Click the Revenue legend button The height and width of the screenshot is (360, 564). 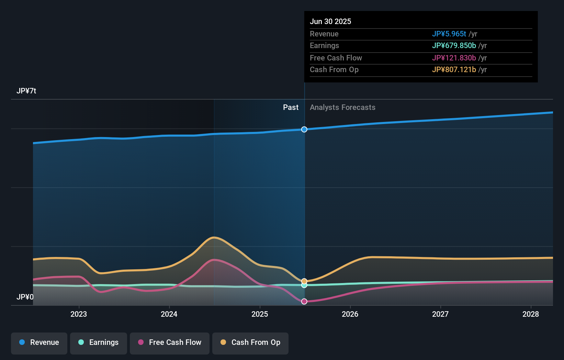39,343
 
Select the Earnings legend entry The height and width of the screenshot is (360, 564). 99,343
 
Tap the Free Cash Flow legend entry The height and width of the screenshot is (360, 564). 170,343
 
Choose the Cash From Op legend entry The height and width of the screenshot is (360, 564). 250,343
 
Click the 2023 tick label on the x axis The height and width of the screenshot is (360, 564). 79,314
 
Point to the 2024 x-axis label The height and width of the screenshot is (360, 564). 169,314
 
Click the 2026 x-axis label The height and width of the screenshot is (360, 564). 350,314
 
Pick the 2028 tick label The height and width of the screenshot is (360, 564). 531,314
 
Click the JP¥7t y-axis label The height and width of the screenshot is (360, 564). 26,91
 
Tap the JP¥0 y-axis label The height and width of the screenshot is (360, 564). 25,297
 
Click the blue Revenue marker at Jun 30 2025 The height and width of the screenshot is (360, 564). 304,130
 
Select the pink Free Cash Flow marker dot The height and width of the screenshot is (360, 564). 304,302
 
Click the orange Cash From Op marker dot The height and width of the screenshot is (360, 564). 304,281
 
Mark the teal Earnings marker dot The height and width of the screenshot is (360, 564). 304,285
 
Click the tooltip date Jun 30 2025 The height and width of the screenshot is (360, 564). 330,21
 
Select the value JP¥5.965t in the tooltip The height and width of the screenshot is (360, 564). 449,34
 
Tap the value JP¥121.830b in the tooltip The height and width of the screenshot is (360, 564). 454,58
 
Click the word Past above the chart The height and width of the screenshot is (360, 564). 291,108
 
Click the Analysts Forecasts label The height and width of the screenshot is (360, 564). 342,108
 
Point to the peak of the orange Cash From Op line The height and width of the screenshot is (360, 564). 214,237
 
